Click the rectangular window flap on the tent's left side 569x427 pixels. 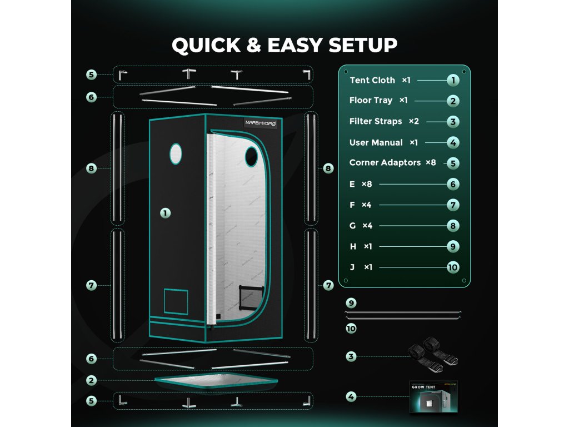[x=175, y=302]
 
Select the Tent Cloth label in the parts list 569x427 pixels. [x=372, y=80]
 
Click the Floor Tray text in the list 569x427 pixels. [x=371, y=101]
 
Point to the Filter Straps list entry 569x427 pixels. [x=376, y=121]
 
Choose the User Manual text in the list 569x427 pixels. [x=376, y=142]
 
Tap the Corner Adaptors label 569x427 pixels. [x=385, y=163]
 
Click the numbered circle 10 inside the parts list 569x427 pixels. [x=453, y=267]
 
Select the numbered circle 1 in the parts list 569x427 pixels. [x=453, y=80]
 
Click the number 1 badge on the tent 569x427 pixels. [x=165, y=212]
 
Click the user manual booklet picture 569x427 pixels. [x=432, y=396]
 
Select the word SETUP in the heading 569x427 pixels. [x=362, y=45]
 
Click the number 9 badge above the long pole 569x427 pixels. [x=351, y=303]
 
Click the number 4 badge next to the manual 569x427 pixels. [x=351, y=397]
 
